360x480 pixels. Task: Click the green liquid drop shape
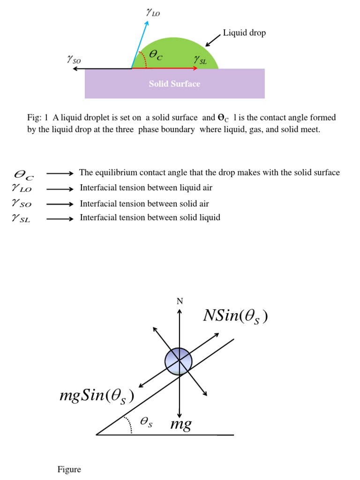(x=178, y=52)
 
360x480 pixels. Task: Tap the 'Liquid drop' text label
(x=244, y=33)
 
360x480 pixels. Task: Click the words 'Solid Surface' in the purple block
(x=174, y=84)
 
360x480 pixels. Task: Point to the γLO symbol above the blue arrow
(x=153, y=13)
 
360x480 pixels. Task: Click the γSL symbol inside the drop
(x=200, y=59)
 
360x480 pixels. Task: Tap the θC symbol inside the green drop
(x=156, y=55)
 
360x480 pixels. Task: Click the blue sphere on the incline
(x=179, y=361)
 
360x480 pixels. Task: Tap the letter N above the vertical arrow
(x=179, y=301)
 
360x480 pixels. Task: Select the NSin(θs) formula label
(x=236, y=316)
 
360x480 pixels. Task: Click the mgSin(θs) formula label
(x=97, y=396)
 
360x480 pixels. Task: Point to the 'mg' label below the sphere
(x=180, y=425)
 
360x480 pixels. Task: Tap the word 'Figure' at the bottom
(x=69, y=469)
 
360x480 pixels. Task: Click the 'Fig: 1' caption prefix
(x=36, y=118)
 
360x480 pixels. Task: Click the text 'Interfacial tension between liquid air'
(x=146, y=188)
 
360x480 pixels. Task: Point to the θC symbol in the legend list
(x=24, y=174)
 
